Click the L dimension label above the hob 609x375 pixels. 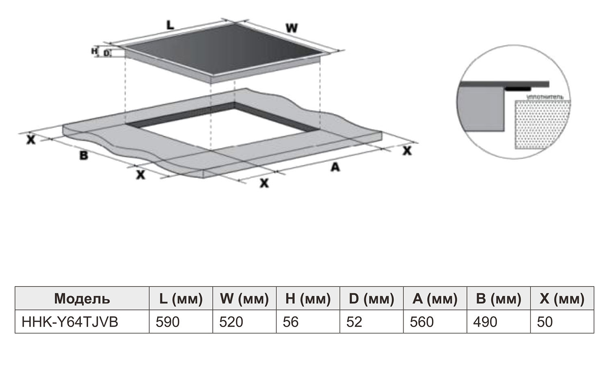[x=170, y=25]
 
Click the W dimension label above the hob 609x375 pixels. [x=292, y=28]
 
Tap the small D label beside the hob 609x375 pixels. [x=106, y=53]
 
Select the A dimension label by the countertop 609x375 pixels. [x=335, y=166]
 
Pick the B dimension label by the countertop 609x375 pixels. [x=84, y=155]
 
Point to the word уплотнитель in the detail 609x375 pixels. [x=544, y=97]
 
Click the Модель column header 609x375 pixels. [x=82, y=299]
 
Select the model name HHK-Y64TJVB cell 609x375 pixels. [x=70, y=322]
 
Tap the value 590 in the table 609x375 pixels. [x=168, y=322]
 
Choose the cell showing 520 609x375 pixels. [x=231, y=322]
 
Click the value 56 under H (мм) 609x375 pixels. [x=291, y=322]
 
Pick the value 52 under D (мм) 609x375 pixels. [x=354, y=322]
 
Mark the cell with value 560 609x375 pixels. [x=422, y=322]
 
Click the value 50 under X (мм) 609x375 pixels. [x=545, y=322]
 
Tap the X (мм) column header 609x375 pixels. [x=562, y=299]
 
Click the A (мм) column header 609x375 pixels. [x=435, y=299]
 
